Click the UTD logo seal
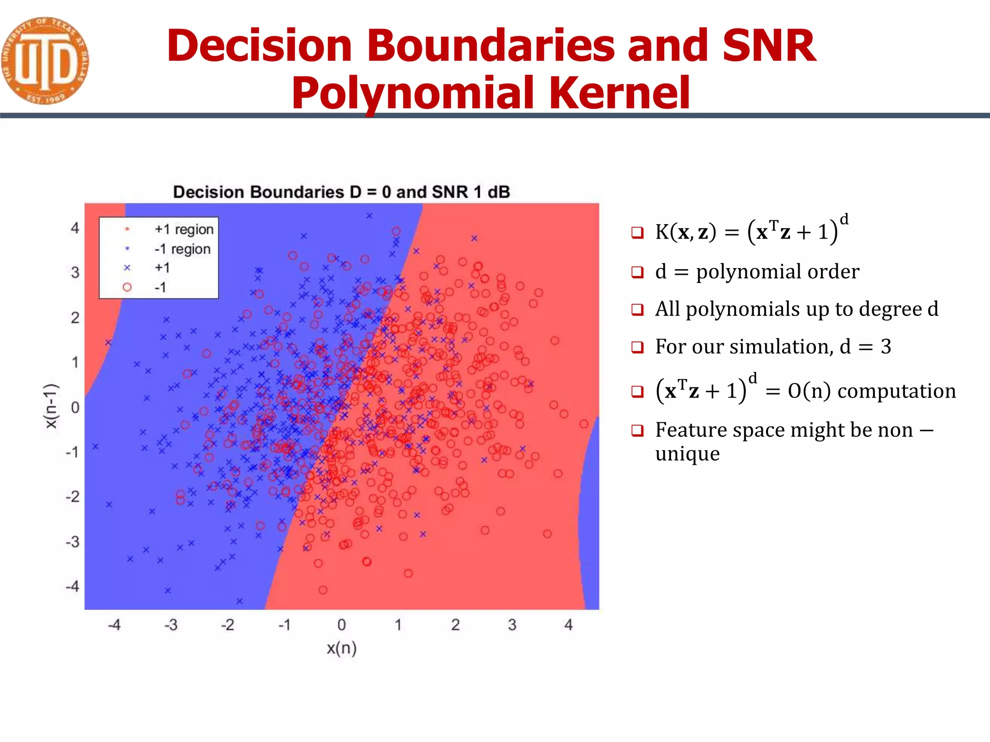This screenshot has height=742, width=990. [44, 61]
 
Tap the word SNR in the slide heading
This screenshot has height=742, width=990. [769, 45]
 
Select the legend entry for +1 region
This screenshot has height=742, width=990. [184, 229]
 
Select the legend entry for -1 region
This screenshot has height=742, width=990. [182, 249]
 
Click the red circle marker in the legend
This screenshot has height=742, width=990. [127, 287]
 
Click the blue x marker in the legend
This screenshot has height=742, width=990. [127, 268]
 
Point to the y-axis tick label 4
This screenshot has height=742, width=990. [75, 228]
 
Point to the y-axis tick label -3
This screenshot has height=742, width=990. [73, 542]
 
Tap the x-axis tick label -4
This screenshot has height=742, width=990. [114, 625]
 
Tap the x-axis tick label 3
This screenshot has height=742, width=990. [512, 625]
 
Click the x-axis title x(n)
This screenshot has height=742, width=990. [341, 648]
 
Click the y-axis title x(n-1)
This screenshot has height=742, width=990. [51, 406]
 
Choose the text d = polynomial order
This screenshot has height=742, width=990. [757, 271]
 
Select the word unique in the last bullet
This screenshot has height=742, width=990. [687, 454]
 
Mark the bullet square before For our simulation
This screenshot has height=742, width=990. [638, 347]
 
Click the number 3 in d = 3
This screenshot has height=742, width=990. [886, 347]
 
